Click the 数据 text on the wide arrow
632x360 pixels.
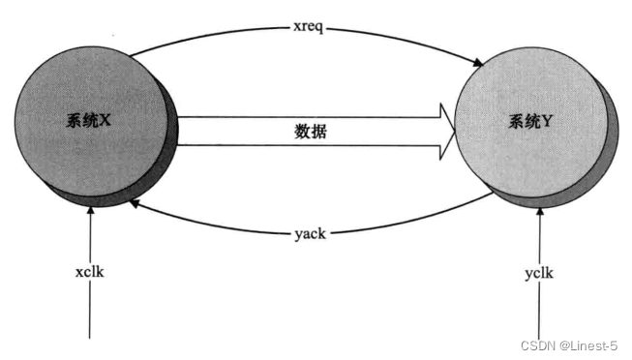[311, 132]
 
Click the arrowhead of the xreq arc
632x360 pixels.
[478, 65]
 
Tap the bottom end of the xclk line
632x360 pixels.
[90, 338]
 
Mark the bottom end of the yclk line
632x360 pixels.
[539, 338]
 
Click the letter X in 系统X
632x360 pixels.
[107, 123]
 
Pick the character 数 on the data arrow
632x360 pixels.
[303, 132]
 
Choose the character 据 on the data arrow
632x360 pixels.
[318, 132]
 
